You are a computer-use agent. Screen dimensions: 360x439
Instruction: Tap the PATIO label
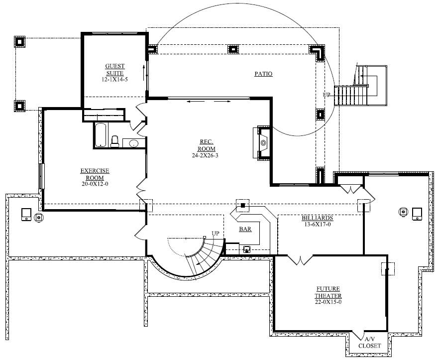(x=263, y=74)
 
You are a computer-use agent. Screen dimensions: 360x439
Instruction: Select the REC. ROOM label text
(x=206, y=145)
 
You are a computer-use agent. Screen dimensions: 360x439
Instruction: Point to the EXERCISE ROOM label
(x=95, y=174)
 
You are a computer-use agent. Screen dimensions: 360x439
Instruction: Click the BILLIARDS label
(x=317, y=218)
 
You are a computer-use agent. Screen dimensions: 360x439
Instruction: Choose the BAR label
(x=245, y=230)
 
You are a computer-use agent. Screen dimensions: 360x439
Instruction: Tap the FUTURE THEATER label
(x=328, y=292)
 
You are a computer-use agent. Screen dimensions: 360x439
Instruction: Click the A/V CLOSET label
(x=369, y=342)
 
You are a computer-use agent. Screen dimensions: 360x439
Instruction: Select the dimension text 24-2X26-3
(x=206, y=155)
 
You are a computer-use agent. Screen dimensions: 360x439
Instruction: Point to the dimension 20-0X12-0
(x=95, y=184)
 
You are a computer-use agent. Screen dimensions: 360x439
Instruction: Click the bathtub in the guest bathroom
(x=101, y=134)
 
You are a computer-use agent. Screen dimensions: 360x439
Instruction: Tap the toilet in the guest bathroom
(x=114, y=141)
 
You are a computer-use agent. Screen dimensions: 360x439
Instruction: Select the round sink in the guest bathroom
(x=133, y=144)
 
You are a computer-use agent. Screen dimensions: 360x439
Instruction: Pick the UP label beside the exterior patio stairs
(x=327, y=94)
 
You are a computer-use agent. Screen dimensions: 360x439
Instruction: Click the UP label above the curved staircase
(x=215, y=233)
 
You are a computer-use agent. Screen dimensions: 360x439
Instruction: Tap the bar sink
(x=247, y=250)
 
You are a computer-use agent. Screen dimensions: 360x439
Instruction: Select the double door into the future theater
(x=301, y=259)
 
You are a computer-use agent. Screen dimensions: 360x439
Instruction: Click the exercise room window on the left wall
(x=42, y=177)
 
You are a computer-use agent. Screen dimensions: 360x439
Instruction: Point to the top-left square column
(x=19, y=41)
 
